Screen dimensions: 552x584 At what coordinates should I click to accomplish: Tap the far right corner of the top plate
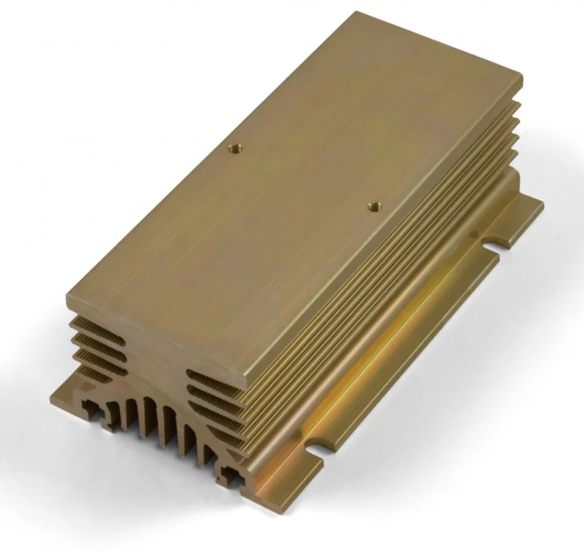[x=520, y=75]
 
